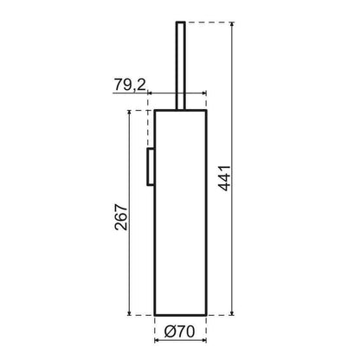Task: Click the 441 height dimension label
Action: pos(224,177)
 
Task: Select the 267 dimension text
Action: pos(121,217)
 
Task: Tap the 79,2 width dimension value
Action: pos(130,85)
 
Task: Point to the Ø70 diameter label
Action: pos(179,331)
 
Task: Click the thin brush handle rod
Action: pos(181,66)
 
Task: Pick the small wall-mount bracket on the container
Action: pos(151,167)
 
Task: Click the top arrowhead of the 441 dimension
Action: pos(232,24)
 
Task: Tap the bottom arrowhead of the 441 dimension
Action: pos(232,312)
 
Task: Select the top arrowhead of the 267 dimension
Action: pos(129,113)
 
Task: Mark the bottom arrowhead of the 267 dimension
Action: pos(129,312)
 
